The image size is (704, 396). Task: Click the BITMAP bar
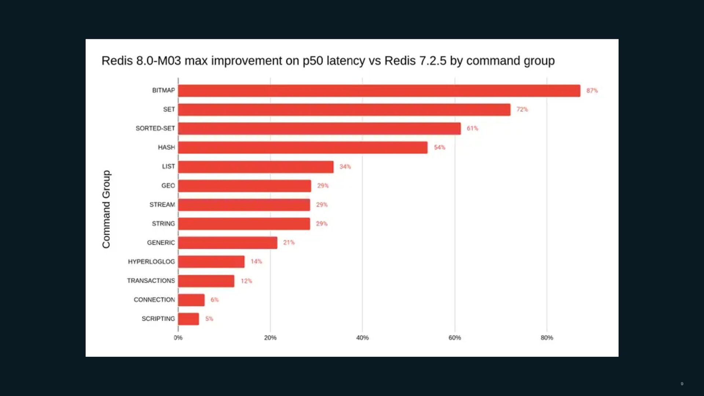click(x=379, y=91)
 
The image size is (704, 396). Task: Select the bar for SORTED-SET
click(x=319, y=129)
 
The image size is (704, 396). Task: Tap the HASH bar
click(x=303, y=147)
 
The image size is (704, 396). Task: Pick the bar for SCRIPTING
click(x=188, y=319)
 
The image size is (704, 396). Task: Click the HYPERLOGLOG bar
click(x=211, y=262)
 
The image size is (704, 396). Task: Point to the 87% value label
click(x=592, y=91)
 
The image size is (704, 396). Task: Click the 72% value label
click(x=522, y=109)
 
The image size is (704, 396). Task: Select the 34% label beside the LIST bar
click(x=345, y=166)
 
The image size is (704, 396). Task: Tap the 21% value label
click(x=289, y=242)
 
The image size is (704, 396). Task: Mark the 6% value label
click(x=214, y=300)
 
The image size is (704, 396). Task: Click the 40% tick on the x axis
click(x=362, y=338)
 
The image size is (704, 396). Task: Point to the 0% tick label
click(x=178, y=338)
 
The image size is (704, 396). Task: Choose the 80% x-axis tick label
click(x=547, y=338)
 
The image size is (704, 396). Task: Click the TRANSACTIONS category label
click(x=151, y=280)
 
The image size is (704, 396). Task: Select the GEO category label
click(x=168, y=186)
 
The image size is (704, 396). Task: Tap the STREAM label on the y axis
click(x=162, y=205)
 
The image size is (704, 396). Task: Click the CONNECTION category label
click(x=154, y=300)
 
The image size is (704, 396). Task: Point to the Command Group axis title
click(x=106, y=209)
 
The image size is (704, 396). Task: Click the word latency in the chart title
click(x=345, y=61)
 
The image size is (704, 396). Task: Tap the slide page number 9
click(x=682, y=384)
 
